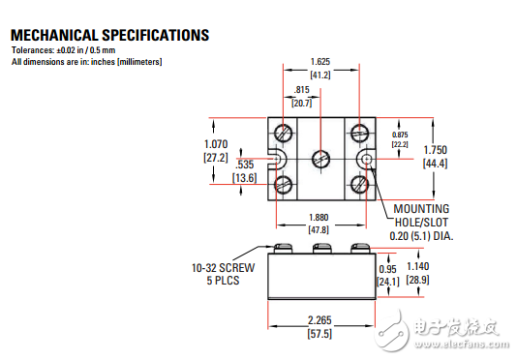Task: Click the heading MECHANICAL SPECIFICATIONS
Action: point(109,35)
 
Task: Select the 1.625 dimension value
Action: point(320,62)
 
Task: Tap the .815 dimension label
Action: point(302,90)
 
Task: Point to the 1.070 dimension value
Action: point(216,144)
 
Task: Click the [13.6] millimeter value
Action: point(245,178)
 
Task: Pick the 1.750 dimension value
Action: point(436,150)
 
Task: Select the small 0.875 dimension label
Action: point(400,135)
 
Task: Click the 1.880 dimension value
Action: point(319,218)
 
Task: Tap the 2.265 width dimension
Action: point(319,320)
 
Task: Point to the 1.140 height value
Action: point(417,266)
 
